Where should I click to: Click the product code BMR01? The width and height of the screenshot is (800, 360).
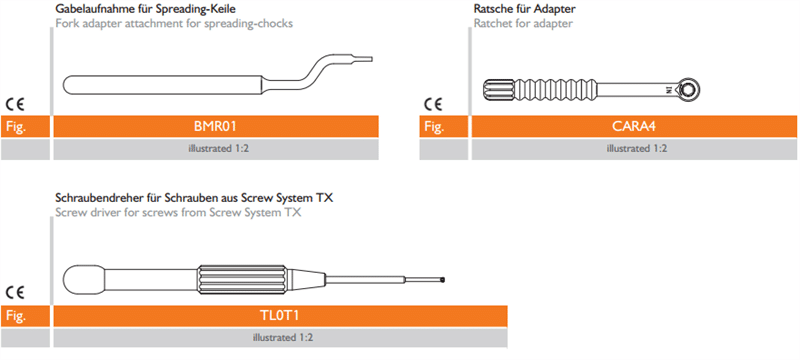coord(215,126)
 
